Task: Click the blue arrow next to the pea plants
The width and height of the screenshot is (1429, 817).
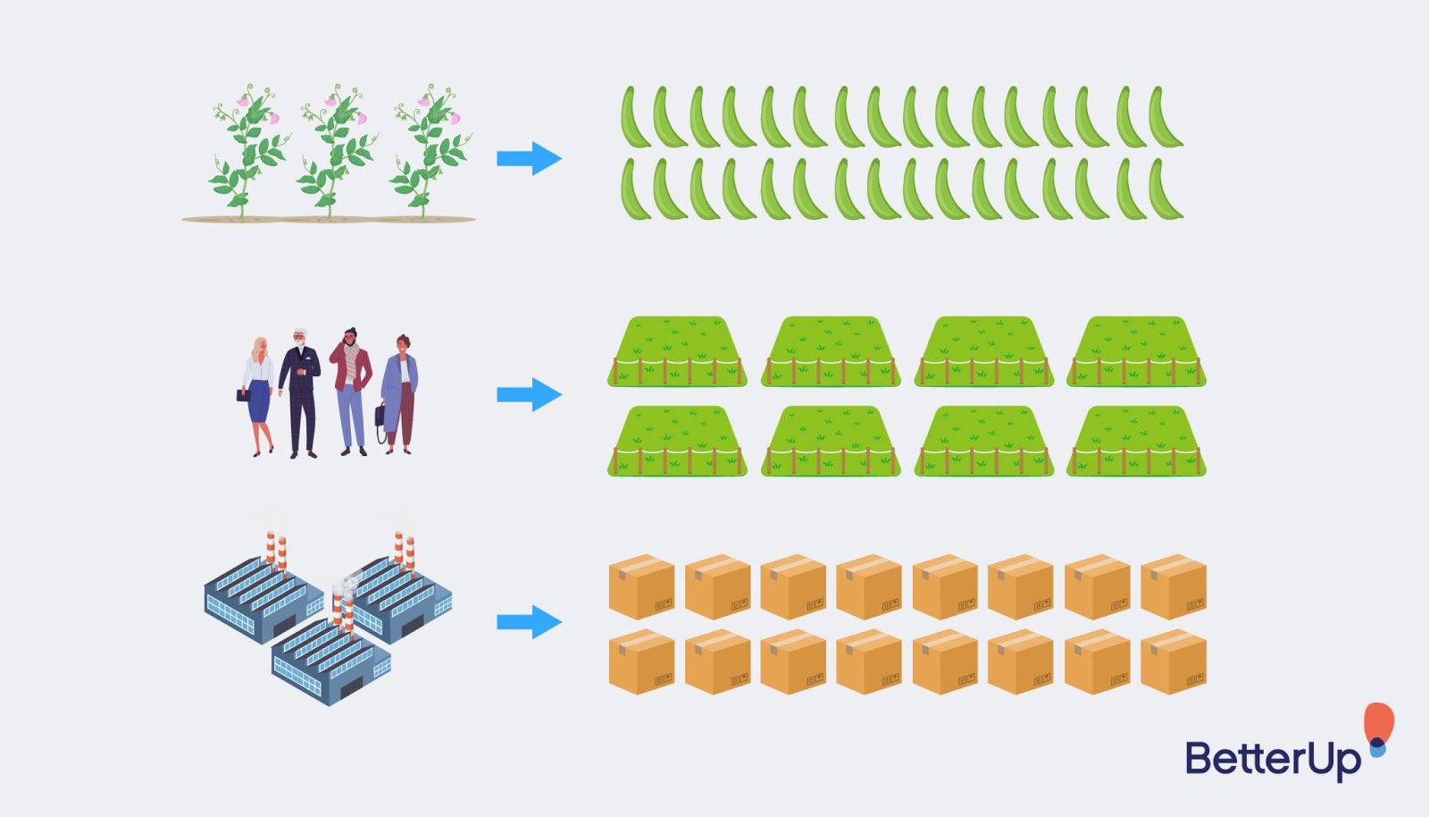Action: click(529, 158)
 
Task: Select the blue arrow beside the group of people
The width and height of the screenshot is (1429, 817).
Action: click(529, 394)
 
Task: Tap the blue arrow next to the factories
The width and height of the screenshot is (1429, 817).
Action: click(529, 621)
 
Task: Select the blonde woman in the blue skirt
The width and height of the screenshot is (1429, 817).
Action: click(257, 396)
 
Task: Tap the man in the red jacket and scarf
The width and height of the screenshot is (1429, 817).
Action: click(351, 392)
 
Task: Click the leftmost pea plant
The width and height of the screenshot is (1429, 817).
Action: click(246, 151)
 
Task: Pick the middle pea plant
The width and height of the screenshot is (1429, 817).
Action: click(334, 151)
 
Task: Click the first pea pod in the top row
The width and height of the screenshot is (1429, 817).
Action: click(634, 117)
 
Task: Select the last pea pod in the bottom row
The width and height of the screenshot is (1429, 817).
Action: click(1166, 190)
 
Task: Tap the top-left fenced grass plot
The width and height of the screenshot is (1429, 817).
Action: click(677, 351)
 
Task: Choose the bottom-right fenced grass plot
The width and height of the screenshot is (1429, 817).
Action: click(1136, 441)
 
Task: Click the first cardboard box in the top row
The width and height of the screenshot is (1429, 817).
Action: click(641, 586)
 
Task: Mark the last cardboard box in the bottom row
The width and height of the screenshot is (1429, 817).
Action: click(1174, 661)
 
